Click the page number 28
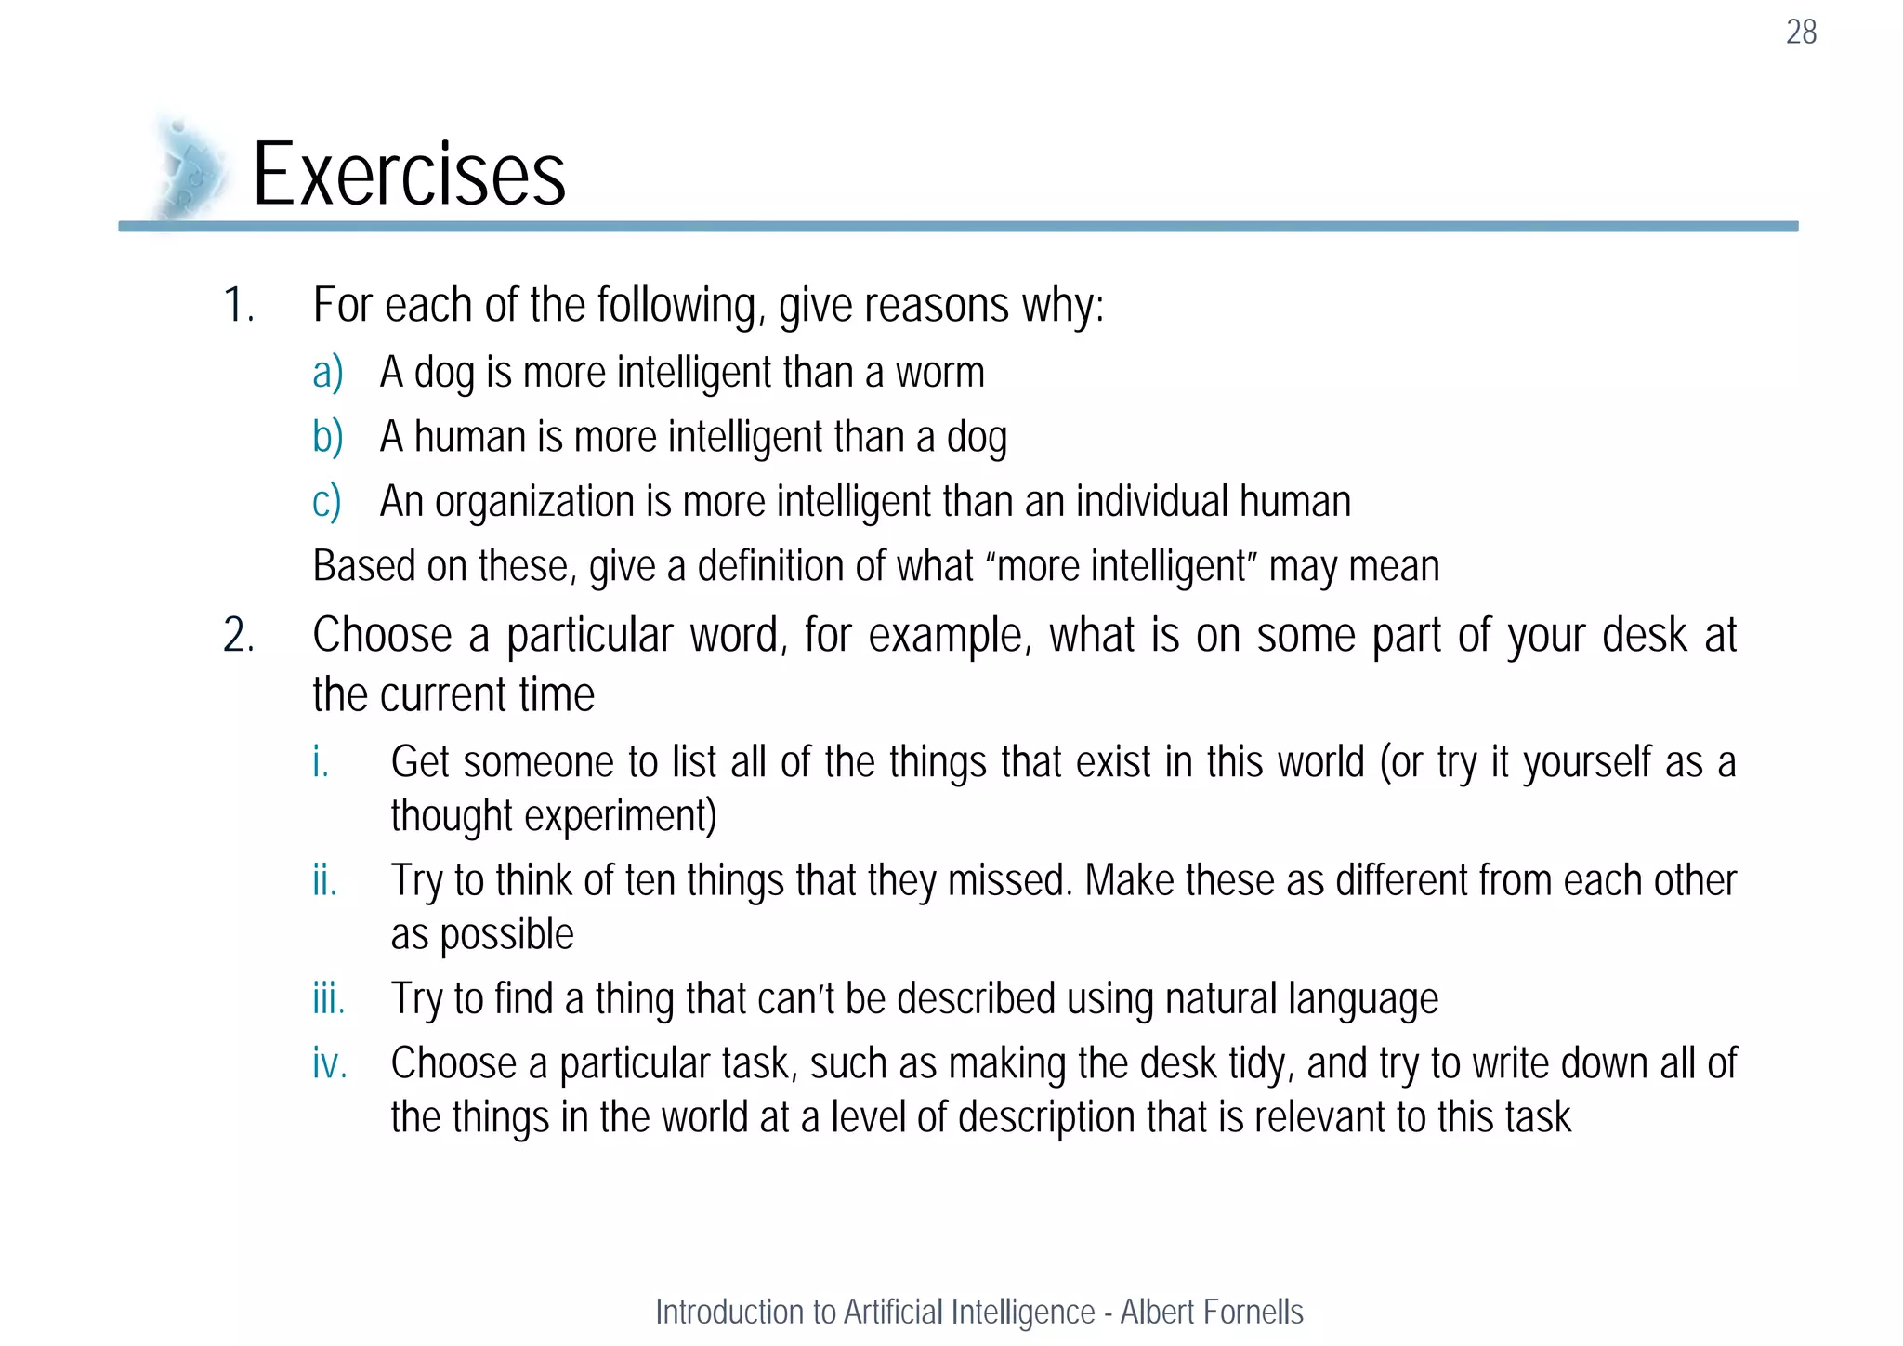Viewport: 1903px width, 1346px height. (1801, 33)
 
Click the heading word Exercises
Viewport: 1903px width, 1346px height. (409, 175)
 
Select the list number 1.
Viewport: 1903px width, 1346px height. (238, 305)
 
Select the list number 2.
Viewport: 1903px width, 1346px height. (238, 636)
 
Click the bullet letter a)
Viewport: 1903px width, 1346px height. (327, 373)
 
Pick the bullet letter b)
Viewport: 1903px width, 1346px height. (327, 437)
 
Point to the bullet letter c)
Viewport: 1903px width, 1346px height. (326, 502)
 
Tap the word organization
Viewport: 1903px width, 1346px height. (534, 502)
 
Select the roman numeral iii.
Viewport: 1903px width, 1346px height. (328, 999)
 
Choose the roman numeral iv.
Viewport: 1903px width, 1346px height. (330, 1063)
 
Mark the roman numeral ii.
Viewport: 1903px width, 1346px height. (324, 880)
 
